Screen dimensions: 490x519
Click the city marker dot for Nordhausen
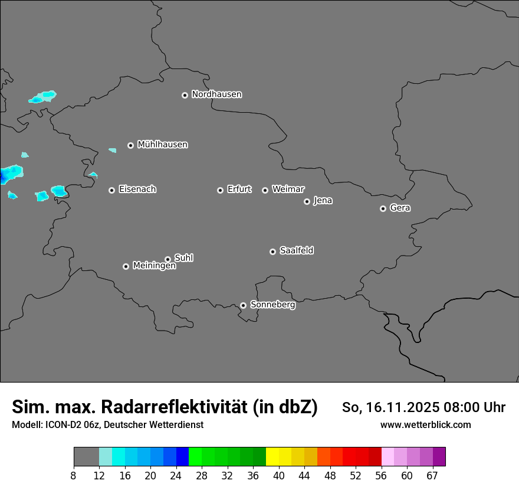[185, 95]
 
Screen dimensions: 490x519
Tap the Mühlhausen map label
[162, 145]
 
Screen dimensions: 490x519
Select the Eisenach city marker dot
[111, 190]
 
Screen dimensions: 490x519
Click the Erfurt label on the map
[239, 190]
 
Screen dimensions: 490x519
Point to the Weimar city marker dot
[265, 190]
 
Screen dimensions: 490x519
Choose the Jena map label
[323, 201]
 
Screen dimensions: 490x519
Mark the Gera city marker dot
[383, 208]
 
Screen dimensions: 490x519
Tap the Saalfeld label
[296, 251]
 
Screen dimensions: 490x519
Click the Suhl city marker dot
[167, 259]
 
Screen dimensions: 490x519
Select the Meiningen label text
[154, 266]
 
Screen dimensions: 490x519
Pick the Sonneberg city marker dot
[243, 305]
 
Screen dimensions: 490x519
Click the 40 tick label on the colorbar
[278, 476]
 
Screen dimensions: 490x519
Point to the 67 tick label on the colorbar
[432, 476]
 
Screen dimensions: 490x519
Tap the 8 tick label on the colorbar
[73, 476]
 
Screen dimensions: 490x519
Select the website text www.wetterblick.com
[425, 425]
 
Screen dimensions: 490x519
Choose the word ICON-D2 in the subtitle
[61, 425]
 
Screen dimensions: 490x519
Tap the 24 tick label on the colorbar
[176, 476]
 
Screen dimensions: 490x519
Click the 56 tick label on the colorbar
[381, 476]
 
